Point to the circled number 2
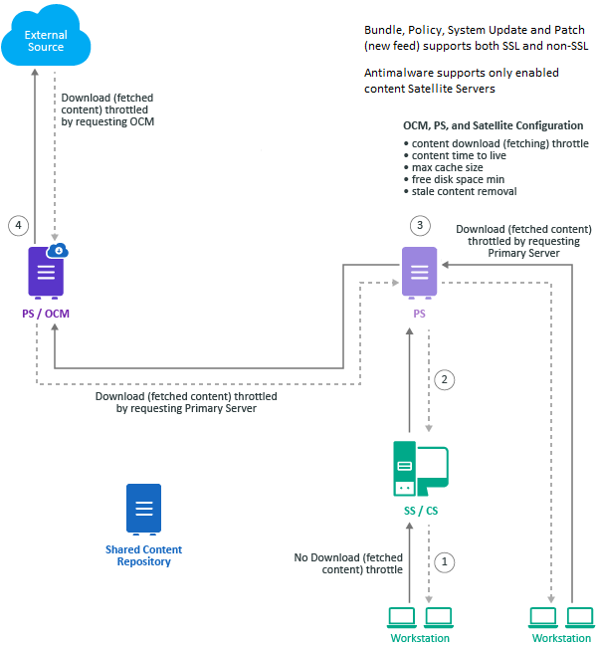pos(447,378)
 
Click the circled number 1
pos(447,561)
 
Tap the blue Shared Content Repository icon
pos(144,509)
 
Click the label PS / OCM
pos(46,314)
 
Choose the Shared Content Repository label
pos(144,555)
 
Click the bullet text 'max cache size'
pos(448,167)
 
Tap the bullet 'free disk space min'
pos(460,179)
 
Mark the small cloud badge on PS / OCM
pos(60,250)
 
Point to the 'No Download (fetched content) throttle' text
pos(348,563)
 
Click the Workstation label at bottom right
pos(561,638)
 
